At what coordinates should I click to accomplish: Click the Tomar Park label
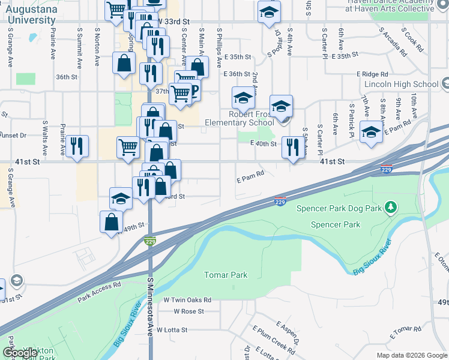tap(226, 275)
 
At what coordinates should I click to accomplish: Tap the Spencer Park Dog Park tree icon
tap(391, 208)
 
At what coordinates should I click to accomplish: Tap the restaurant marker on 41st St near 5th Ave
tap(292, 148)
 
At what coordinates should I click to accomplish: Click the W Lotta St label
tap(172, 329)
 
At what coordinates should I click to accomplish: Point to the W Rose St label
tap(188, 311)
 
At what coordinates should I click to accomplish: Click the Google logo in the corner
tap(20, 353)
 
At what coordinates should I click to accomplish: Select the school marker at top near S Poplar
tap(269, 11)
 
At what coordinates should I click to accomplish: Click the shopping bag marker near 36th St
tap(124, 63)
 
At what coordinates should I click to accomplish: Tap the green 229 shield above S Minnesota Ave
tap(150, 241)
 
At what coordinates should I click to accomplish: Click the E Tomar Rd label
tap(405, 332)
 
